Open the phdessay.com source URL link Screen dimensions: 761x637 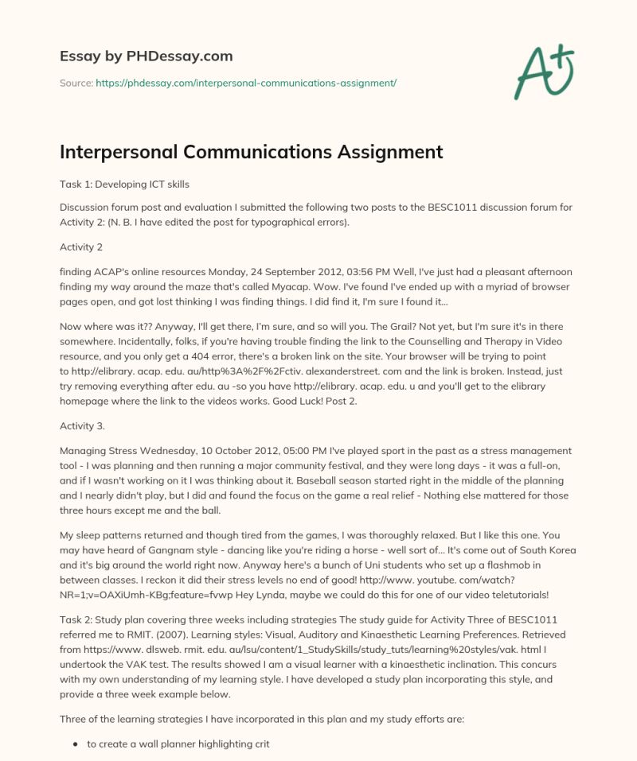pyautogui.click(x=246, y=83)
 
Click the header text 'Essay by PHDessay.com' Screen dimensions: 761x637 pyautogui.click(x=147, y=56)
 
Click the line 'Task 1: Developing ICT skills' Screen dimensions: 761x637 pyautogui.click(x=124, y=184)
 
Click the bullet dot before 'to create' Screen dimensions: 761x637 pyautogui.click(x=75, y=743)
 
